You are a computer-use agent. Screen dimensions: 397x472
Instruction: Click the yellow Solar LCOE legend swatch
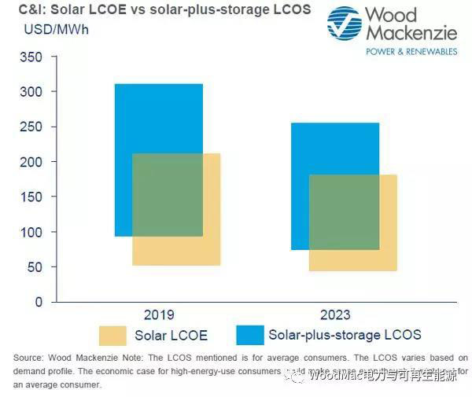(x=118, y=336)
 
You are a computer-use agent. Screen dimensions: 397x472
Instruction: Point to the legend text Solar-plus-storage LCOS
(x=345, y=335)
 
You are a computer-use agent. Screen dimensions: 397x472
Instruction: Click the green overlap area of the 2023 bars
(x=344, y=211)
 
